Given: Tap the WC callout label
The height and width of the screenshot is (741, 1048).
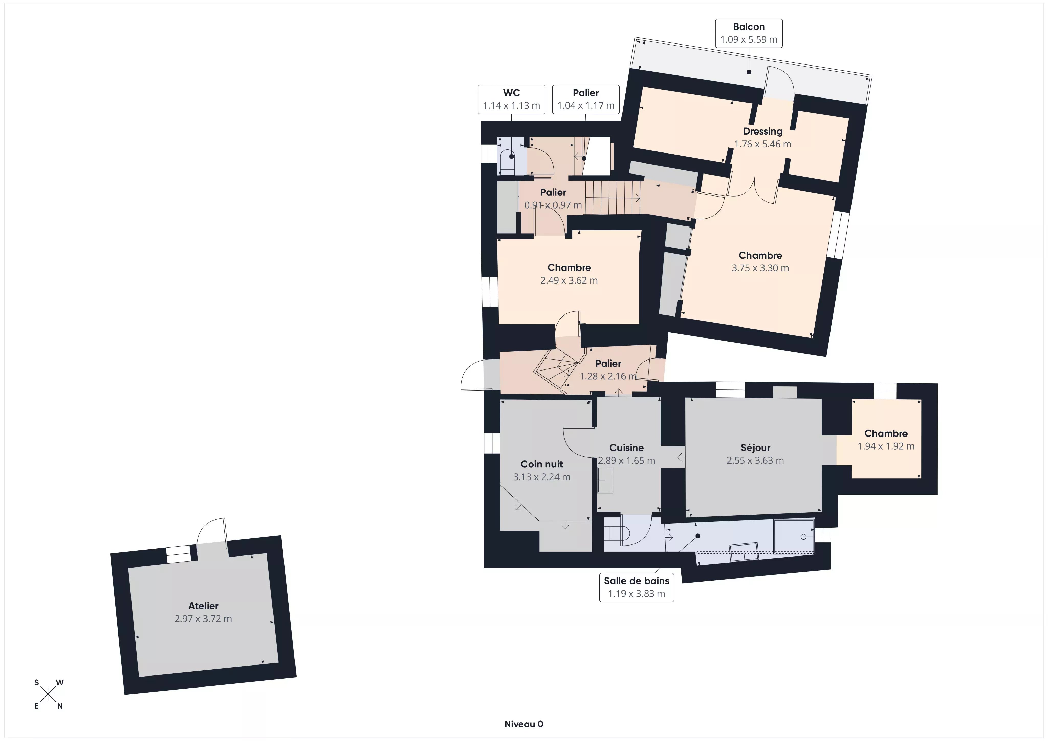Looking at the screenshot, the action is tap(511, 99).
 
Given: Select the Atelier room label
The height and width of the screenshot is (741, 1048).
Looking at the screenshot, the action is tap(203, 606).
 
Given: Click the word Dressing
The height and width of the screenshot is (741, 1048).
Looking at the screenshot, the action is tap(763, 132).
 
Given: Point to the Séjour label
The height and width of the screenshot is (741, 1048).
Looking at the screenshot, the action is tap(755, 448).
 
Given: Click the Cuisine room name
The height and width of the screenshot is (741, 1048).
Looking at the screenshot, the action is tap(627, 448).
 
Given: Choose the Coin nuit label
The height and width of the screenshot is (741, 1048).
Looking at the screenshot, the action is tap(542, 464).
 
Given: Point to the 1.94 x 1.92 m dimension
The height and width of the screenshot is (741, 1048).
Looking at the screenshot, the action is tap(886, 446).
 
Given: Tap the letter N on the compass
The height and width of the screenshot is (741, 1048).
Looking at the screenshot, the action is tap(60, 706).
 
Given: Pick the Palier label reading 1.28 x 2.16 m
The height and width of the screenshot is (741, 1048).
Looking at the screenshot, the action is tap(608, 370).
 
